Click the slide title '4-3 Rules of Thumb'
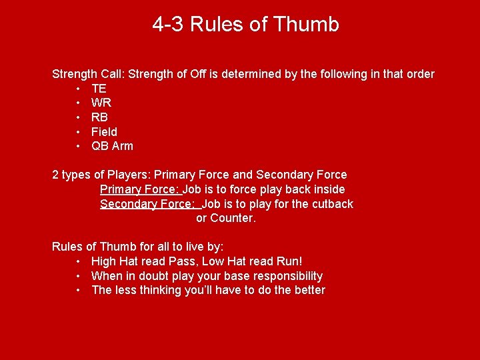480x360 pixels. [x=245, y=25]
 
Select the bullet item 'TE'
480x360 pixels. [x=99, y=89]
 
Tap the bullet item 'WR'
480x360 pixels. [x=101, y=103]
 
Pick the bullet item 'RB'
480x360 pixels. [x=99, y=117]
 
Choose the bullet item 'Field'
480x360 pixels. [x=104, y=132]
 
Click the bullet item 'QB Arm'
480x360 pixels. [x=112, y=146]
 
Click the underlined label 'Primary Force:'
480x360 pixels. [x=140, y=189]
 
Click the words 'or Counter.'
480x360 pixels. [x=225, y=218]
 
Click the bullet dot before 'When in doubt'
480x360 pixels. [x=79, y=276]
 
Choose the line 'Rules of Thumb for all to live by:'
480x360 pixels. [x=137, y=247]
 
